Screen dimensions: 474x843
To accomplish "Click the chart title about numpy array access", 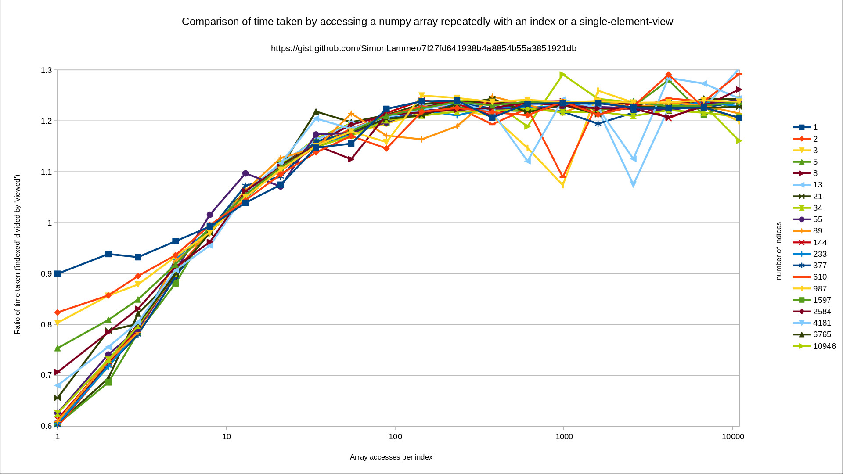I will tap(427, 22).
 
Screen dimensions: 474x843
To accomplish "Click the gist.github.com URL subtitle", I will tap(423, 48).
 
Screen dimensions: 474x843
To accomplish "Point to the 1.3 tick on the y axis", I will tap(46, 70).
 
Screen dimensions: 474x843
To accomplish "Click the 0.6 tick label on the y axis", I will tap(46, 426).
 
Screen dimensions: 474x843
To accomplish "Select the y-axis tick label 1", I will tap(50, 223).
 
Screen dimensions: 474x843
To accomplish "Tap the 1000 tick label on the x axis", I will tap(564, 437).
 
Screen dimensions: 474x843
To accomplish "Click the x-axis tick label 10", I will tap(226, 437).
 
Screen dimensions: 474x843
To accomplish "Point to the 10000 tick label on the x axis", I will tap(732, 437).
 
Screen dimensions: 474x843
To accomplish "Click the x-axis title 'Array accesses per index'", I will tap(391, 457).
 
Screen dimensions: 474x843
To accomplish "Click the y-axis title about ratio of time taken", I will tap(18, 255).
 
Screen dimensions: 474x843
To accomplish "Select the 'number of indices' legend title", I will tap(778, 251).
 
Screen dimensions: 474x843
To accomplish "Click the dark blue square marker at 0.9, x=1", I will tap(58, 274).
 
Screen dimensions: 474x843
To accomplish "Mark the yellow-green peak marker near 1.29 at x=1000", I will tap(562, 75).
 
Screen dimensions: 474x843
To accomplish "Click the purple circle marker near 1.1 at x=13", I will tap(245, 174).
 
